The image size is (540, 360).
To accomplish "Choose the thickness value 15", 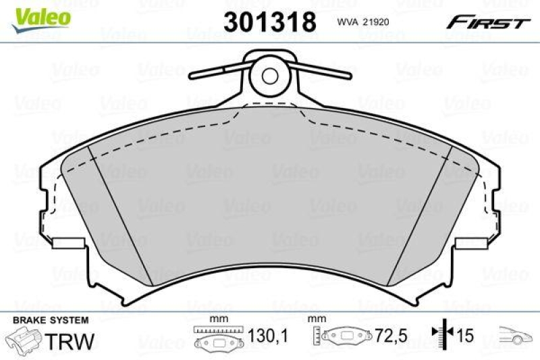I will point(465,336).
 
